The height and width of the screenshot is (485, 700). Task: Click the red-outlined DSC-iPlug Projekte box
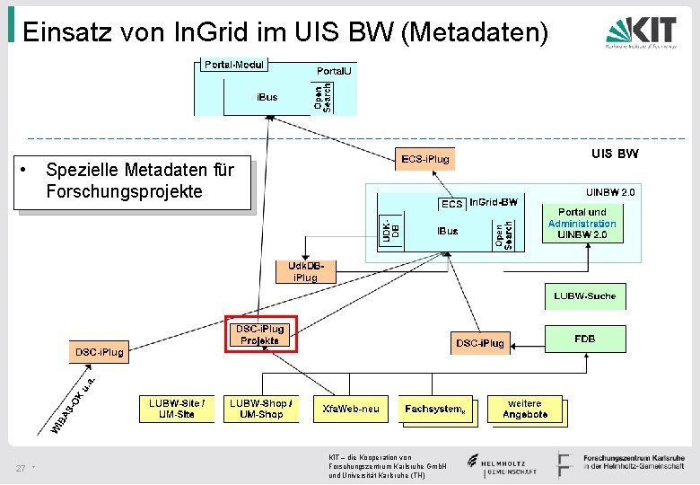click(x=259, y=334)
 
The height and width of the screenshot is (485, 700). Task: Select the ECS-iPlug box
click(x=425, y=160)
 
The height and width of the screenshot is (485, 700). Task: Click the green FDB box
click(x=585, y=339)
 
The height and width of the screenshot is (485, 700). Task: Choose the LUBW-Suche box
click(x=584, y=295)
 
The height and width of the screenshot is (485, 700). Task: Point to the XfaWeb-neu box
click(x=351, y=410)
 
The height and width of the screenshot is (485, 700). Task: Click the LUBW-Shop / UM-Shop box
click(x=258, y=409)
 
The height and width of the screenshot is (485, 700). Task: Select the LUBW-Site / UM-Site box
click(x=177, y=409)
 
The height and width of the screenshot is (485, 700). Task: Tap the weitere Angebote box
click(x=526, y=409)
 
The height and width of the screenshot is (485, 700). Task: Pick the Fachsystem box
click(x=436, y=410)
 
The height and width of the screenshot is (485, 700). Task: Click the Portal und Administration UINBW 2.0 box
click(x=582, y=223)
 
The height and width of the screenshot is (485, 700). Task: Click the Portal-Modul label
click(x=233, y=66)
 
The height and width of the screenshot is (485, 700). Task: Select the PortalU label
click(x=337, y=71)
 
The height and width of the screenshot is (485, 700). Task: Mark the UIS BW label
click(x=615, y=154)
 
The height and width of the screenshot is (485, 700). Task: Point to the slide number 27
click(x=20, y=469)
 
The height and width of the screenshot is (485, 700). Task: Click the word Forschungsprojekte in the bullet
click(x=124, y=191)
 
